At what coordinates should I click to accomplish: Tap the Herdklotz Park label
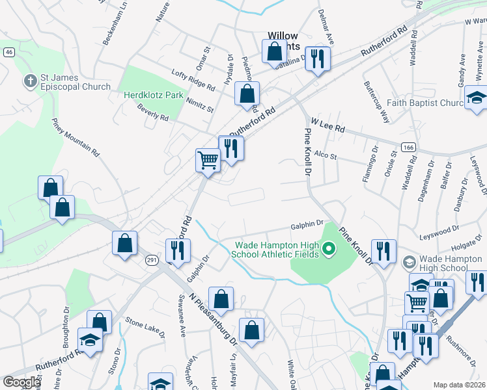(154, 95)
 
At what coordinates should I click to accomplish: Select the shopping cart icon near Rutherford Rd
(208, 159)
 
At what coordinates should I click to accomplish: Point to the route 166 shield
(409, 148)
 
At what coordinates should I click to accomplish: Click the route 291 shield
(150, 259)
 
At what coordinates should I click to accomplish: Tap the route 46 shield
(8, 53)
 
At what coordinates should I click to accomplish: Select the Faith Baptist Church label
(432, 103)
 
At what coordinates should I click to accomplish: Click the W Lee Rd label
(327, 125)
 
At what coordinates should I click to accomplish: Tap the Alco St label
(325, 155)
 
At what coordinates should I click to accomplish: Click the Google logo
(21, 382)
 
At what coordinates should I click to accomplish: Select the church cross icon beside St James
(29, 82)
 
